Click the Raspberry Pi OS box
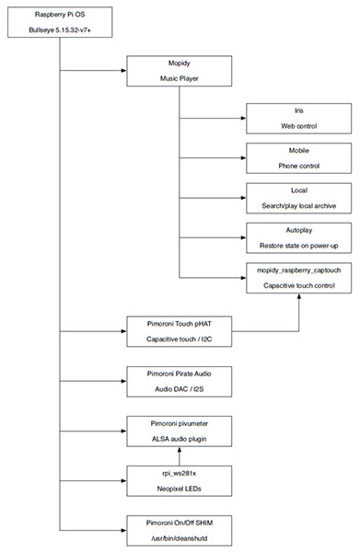[x=60, y=22]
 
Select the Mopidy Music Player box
[x=180, y=71]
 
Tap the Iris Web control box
[x=298, y=119]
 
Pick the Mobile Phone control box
[x=298, y=158]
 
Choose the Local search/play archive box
[x=298, y=198]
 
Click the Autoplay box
[x=298, y=238]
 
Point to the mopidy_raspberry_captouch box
[x=298, y=278]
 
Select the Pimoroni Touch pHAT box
[x=180, y=331]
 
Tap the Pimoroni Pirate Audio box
[x=180, y=382]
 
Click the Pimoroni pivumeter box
[x=180, y=431]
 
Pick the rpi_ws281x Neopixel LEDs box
[x=180, y=481]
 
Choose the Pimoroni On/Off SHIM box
[x=180, y=531]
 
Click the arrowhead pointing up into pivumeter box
[x=180, y=450]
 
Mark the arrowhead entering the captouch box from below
[x=299, y=296]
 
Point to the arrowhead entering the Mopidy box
[x=124, y=71]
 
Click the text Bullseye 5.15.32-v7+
[x=60, y=30]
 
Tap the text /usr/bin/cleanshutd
[x=180, y=538]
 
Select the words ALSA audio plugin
[x=180, y=439]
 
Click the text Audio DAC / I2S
[x=180, y=389]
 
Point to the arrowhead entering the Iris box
[x=243, y=119]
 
